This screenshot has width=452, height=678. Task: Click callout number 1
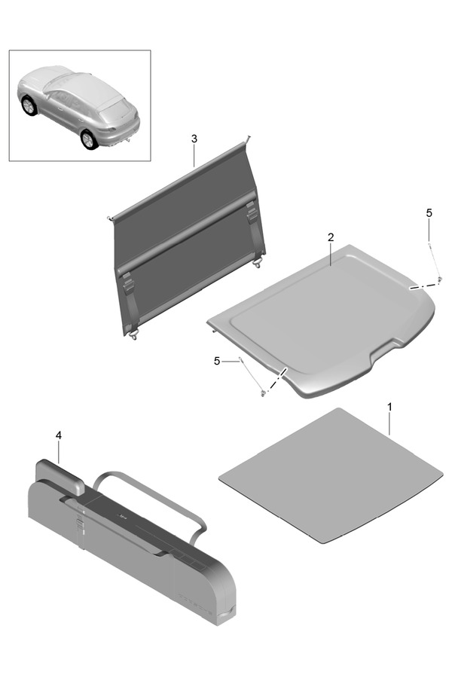389,407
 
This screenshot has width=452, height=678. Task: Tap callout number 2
331,237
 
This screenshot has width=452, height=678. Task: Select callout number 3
194,139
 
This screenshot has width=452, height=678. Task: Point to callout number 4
59,435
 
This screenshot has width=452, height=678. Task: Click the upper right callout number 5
429,212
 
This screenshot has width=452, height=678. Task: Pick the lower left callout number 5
217,361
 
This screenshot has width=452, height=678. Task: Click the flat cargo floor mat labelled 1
331,475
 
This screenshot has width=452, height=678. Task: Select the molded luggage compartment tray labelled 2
322,320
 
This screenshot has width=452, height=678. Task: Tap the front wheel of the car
29,106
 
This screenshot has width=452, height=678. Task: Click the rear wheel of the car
89,139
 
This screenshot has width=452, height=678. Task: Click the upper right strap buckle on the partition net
252,209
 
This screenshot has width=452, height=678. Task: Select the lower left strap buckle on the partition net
129,286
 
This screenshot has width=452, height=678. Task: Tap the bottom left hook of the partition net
134,335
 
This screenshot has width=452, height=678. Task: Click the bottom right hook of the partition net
258,263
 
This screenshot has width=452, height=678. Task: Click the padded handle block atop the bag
60,475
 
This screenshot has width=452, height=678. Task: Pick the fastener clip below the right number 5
439,279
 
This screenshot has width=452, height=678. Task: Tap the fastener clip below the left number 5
263,392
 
